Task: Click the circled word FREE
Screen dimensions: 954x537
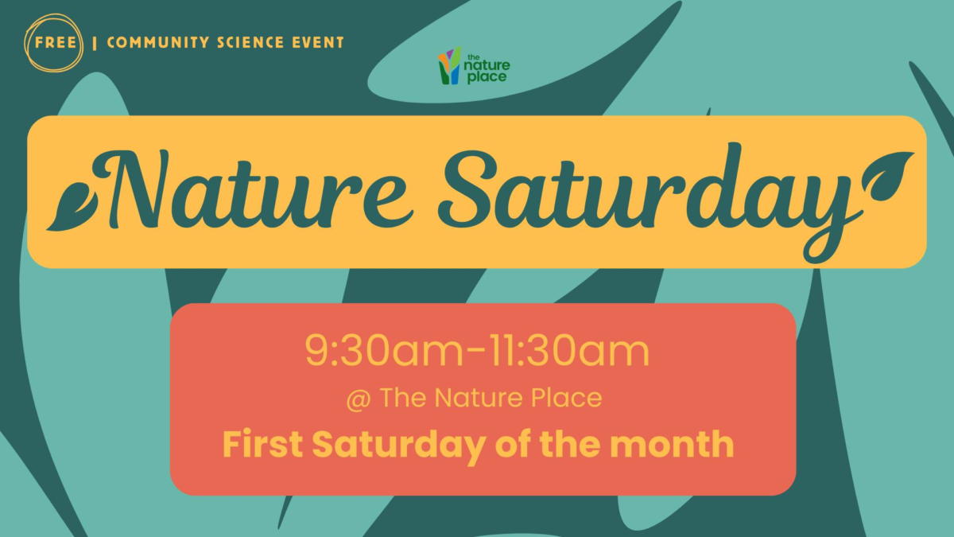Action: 56,43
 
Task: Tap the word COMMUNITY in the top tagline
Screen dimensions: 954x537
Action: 158,43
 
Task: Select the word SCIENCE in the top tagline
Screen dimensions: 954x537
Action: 250,43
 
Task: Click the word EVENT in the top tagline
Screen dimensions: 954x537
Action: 318,43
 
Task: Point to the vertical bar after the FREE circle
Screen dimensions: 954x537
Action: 94,43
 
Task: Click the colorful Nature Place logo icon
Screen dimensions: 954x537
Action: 450,65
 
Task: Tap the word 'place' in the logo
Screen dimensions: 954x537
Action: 487,78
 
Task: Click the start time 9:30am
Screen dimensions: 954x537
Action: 384,352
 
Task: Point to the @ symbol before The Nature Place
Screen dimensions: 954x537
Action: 359,399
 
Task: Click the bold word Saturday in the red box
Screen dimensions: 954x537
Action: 398,446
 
